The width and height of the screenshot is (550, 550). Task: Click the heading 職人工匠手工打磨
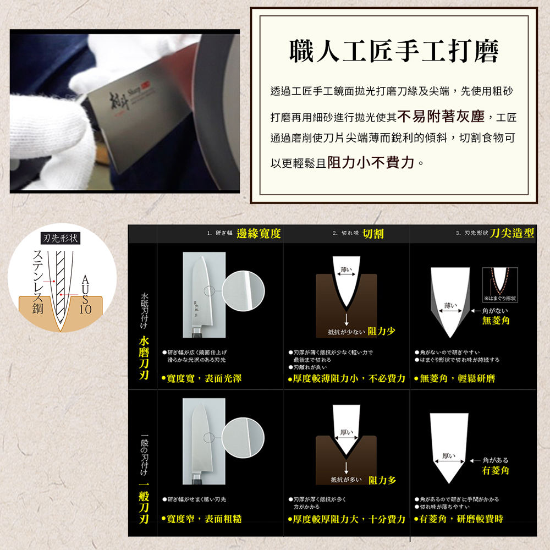[x=394, y=52]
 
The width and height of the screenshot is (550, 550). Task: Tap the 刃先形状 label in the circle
[x=62, y=239]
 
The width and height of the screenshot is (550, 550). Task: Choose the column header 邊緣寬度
[x=258, y=234]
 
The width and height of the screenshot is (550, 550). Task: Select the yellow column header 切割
[x=373, y=234]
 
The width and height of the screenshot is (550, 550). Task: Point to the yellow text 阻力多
[x=383, y=481]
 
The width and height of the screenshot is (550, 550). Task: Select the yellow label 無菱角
[x=496, y=320]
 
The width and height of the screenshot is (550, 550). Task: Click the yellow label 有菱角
[x=496, y=471]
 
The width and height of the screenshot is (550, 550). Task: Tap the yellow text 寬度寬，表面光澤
[x=201, y=378]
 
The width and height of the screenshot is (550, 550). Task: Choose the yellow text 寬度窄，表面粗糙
[x=201, y=519]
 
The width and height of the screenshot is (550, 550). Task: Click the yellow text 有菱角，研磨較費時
[x=461, y=519]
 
